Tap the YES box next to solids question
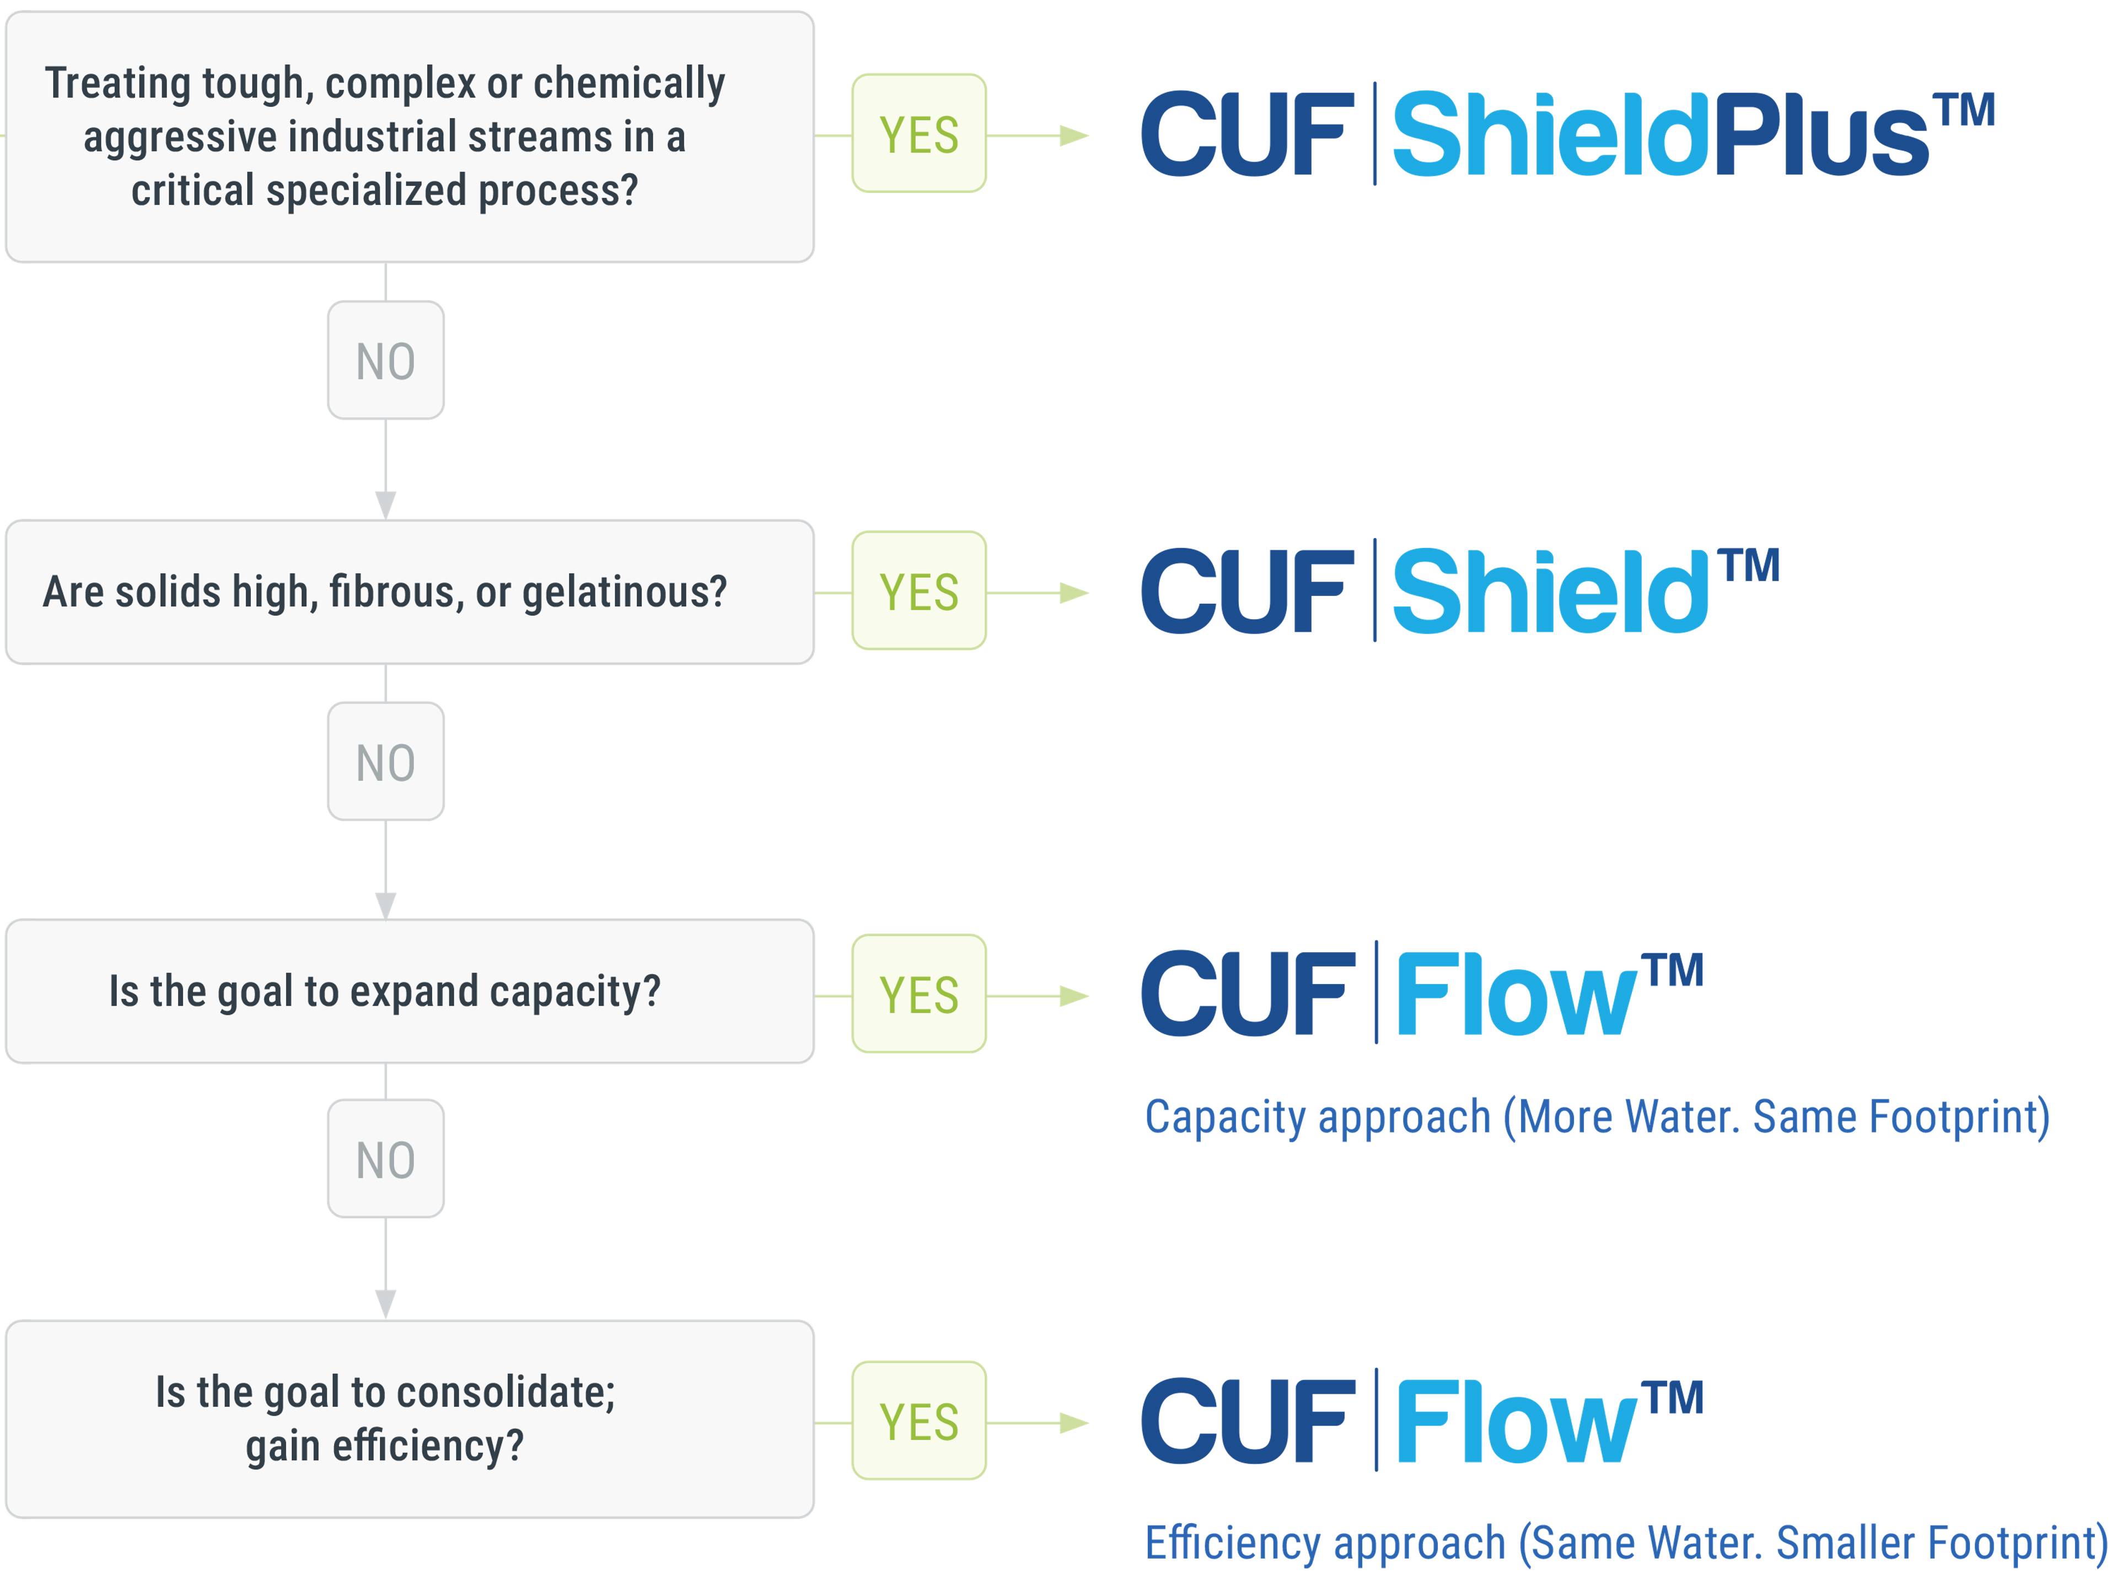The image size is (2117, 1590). pos(919,590)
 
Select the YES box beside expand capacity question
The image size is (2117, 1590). pos(919,993)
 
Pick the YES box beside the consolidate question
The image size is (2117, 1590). pos(919,1421)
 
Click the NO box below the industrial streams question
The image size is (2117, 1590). pos(386,361)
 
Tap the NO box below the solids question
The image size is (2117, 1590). pos(386,762)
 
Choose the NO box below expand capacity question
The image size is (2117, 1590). pos(386,1159)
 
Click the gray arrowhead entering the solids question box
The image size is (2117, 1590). pos(386,504)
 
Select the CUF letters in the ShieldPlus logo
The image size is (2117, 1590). pos(1247,136)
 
